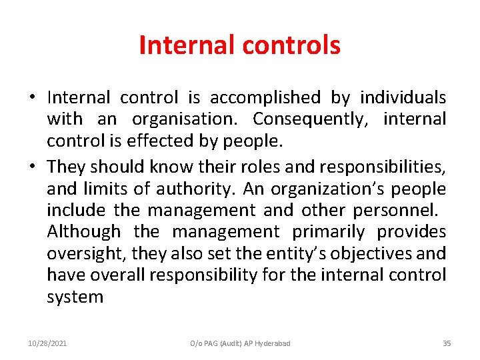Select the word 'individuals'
tap(403, 98)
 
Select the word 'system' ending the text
tap(75, 297)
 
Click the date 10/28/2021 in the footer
tap(47, 343)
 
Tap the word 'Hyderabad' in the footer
tap(272, 343)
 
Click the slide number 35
tap(447, 343)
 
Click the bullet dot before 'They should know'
tap(32, 165)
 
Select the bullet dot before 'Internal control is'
tap(32, 98)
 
